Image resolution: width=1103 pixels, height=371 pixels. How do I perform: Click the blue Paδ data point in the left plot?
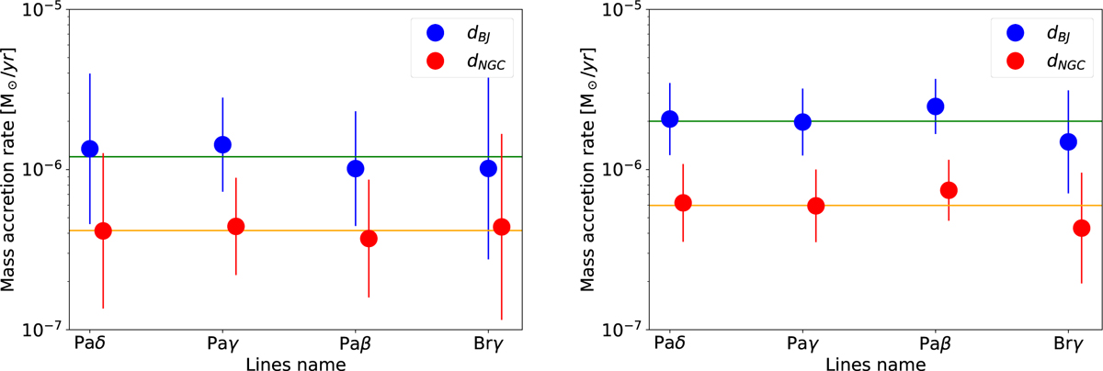pyautogui.click(x=90, y=149)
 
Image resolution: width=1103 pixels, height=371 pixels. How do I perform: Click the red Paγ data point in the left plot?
pyautogui.click(x=236, y=227)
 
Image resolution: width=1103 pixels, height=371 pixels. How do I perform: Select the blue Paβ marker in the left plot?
pyautogui.click(x=356, y=168)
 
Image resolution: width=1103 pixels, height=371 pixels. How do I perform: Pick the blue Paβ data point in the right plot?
pyautogui.click(x=936, y=107)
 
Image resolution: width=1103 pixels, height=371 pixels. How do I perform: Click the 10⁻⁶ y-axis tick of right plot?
pyautogui.click(x=617, y=170)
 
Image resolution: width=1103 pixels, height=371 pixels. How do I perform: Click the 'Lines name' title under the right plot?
pyautogui.click(x=870, y=363)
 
